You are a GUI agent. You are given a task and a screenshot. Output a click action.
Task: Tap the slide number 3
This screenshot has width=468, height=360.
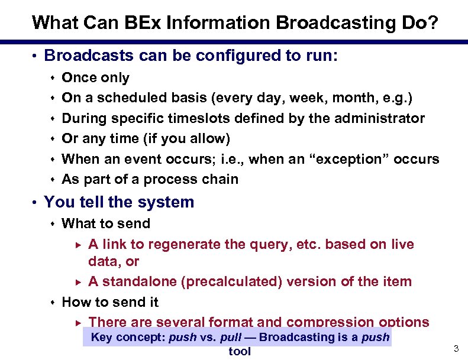(456, 349)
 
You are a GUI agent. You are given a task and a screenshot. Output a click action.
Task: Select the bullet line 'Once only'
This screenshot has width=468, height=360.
(95, 77)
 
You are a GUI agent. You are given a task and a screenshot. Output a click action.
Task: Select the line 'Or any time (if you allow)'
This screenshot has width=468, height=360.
(146, 138)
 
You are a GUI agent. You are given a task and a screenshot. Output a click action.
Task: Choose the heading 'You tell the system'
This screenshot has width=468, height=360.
(119, 202)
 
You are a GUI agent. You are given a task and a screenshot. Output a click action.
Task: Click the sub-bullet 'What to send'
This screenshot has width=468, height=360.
(106, 223)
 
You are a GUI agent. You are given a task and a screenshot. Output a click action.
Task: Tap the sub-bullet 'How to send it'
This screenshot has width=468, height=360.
(110, 302)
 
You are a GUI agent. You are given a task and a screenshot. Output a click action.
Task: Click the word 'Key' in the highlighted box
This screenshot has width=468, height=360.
(102, 337)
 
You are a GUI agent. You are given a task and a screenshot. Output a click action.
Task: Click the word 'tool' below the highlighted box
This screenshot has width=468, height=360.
(240, 351)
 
